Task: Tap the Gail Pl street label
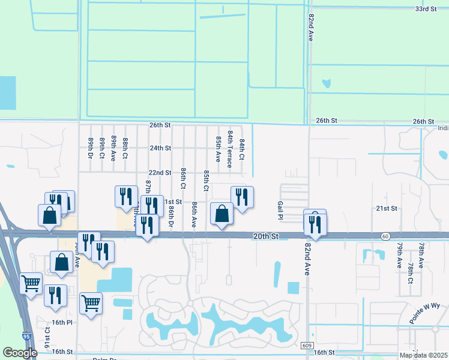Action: (280, 211)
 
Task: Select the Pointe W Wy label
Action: (429, 313)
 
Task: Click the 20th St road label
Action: (266, 237)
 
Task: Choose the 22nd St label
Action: (160, 172)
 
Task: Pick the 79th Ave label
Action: (399, 255)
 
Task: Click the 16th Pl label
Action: (62, 322)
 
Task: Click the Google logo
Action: (20, 352)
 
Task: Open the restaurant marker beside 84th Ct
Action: (242, 197)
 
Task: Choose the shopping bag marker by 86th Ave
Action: (221, 214)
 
